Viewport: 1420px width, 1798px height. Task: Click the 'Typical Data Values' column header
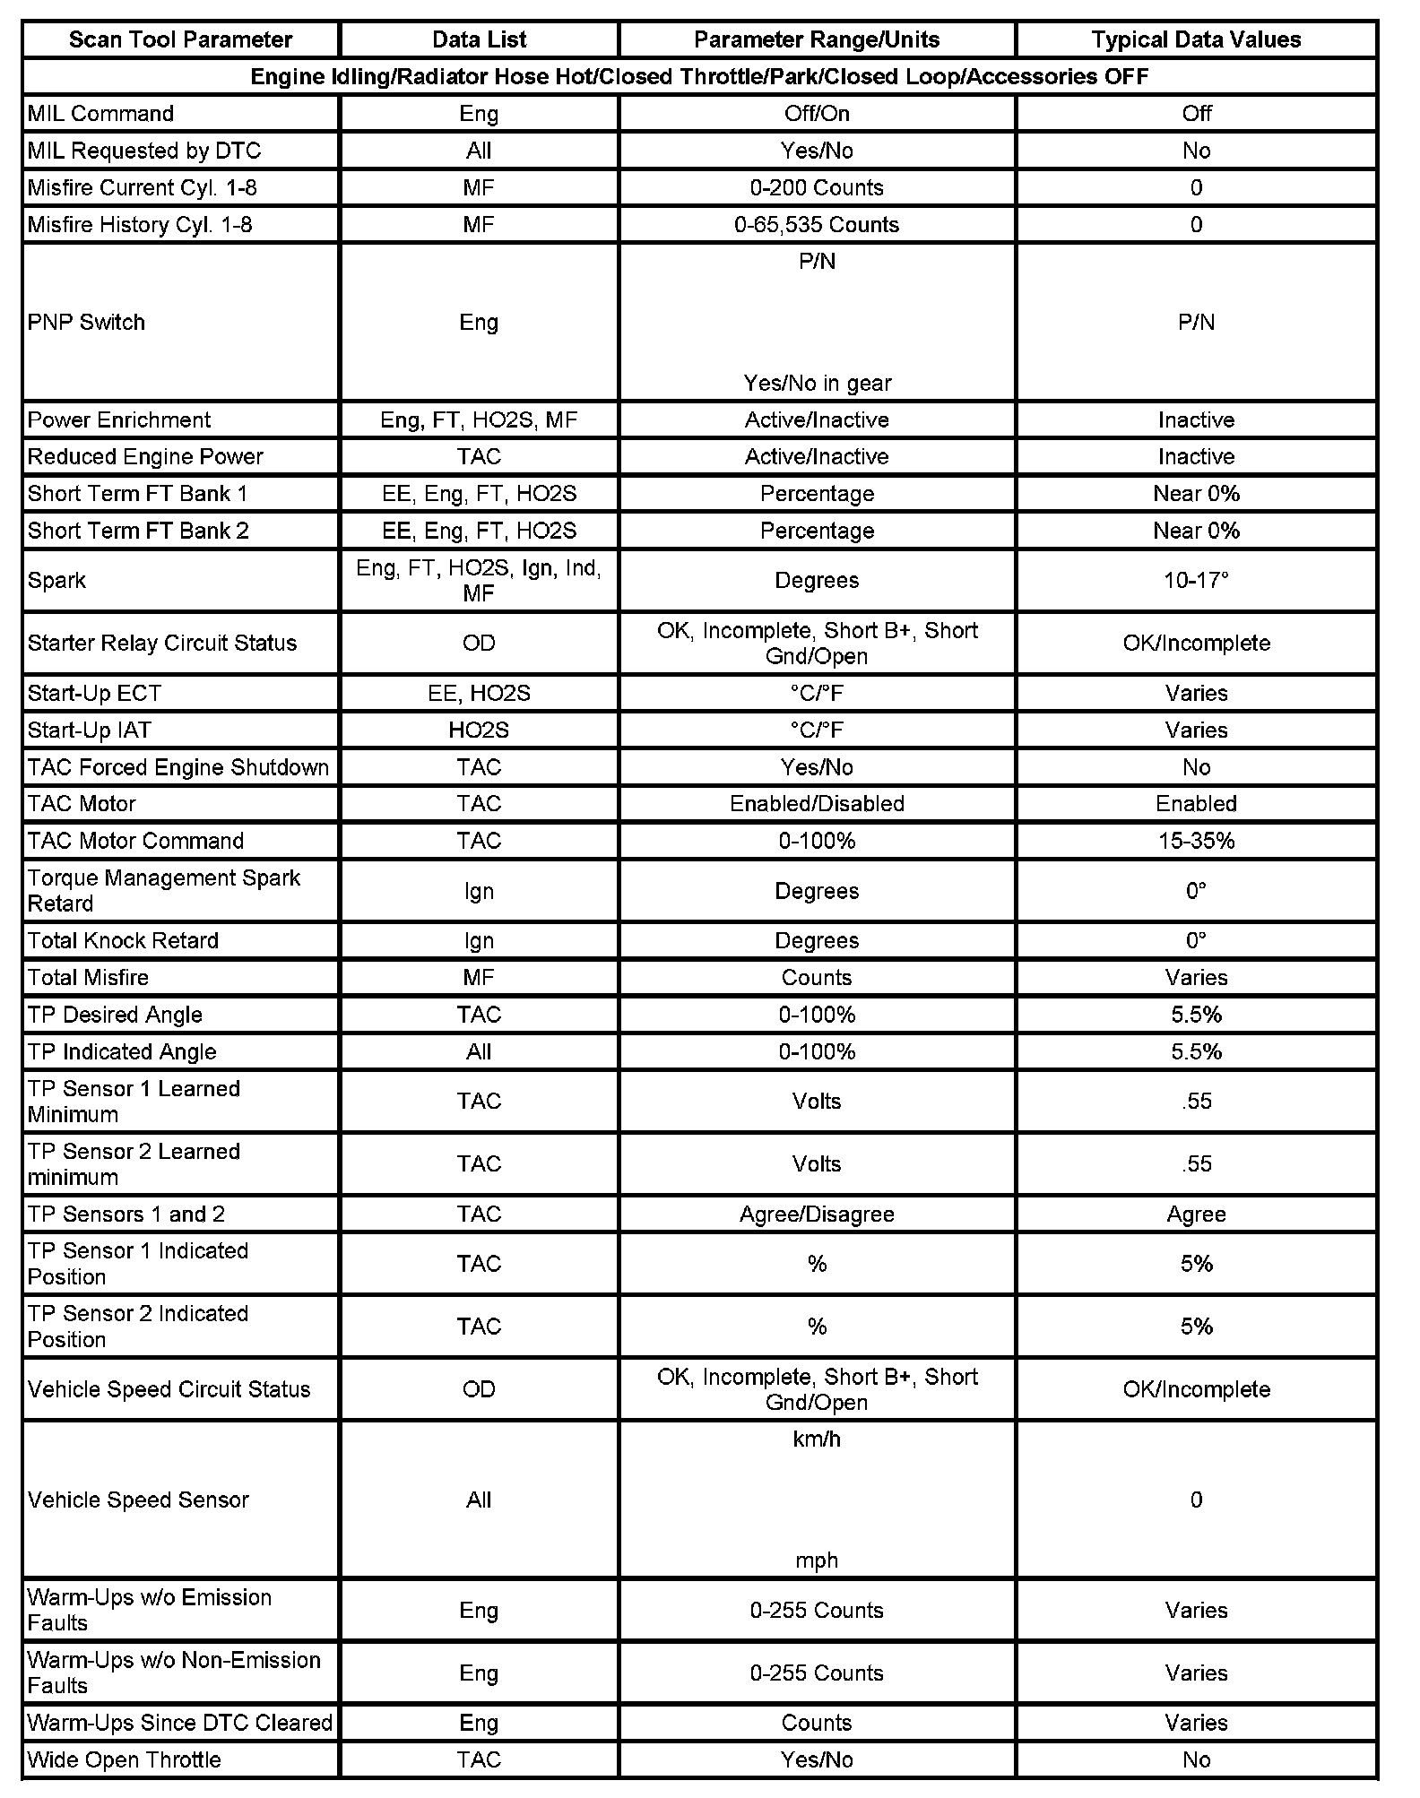(1196, 39)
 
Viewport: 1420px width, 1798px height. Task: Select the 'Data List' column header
(479, 39)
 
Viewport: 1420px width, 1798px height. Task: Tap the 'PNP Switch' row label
(86, 323)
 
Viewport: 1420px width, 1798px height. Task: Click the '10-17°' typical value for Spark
(1196, 581)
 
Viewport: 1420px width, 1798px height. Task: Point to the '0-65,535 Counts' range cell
(816, 225)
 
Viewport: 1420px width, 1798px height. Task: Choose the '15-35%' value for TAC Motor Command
(1196, 841)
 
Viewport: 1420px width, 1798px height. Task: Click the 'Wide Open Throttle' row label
(124, 1759)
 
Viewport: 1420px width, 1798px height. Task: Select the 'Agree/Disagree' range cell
(816, 1215)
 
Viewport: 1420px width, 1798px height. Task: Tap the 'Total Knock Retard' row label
(123, 940)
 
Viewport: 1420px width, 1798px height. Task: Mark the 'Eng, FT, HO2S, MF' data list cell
(479, 420)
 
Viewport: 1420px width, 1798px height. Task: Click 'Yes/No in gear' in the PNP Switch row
(817, 384)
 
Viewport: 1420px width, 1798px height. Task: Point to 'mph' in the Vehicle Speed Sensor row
(817, 1560)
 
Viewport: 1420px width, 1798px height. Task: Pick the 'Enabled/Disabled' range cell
(817, 804)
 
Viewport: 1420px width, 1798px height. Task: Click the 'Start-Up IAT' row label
(89, 730)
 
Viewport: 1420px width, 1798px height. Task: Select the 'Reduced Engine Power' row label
(145, 457)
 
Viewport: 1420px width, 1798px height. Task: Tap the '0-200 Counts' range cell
(817, 188)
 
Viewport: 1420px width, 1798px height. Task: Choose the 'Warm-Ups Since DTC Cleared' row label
(179, 1723)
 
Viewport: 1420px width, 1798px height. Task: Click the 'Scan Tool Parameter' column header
(180, 39)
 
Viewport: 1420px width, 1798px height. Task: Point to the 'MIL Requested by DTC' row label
(143, 151)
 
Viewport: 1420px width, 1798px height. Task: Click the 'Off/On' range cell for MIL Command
(817, 114)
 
